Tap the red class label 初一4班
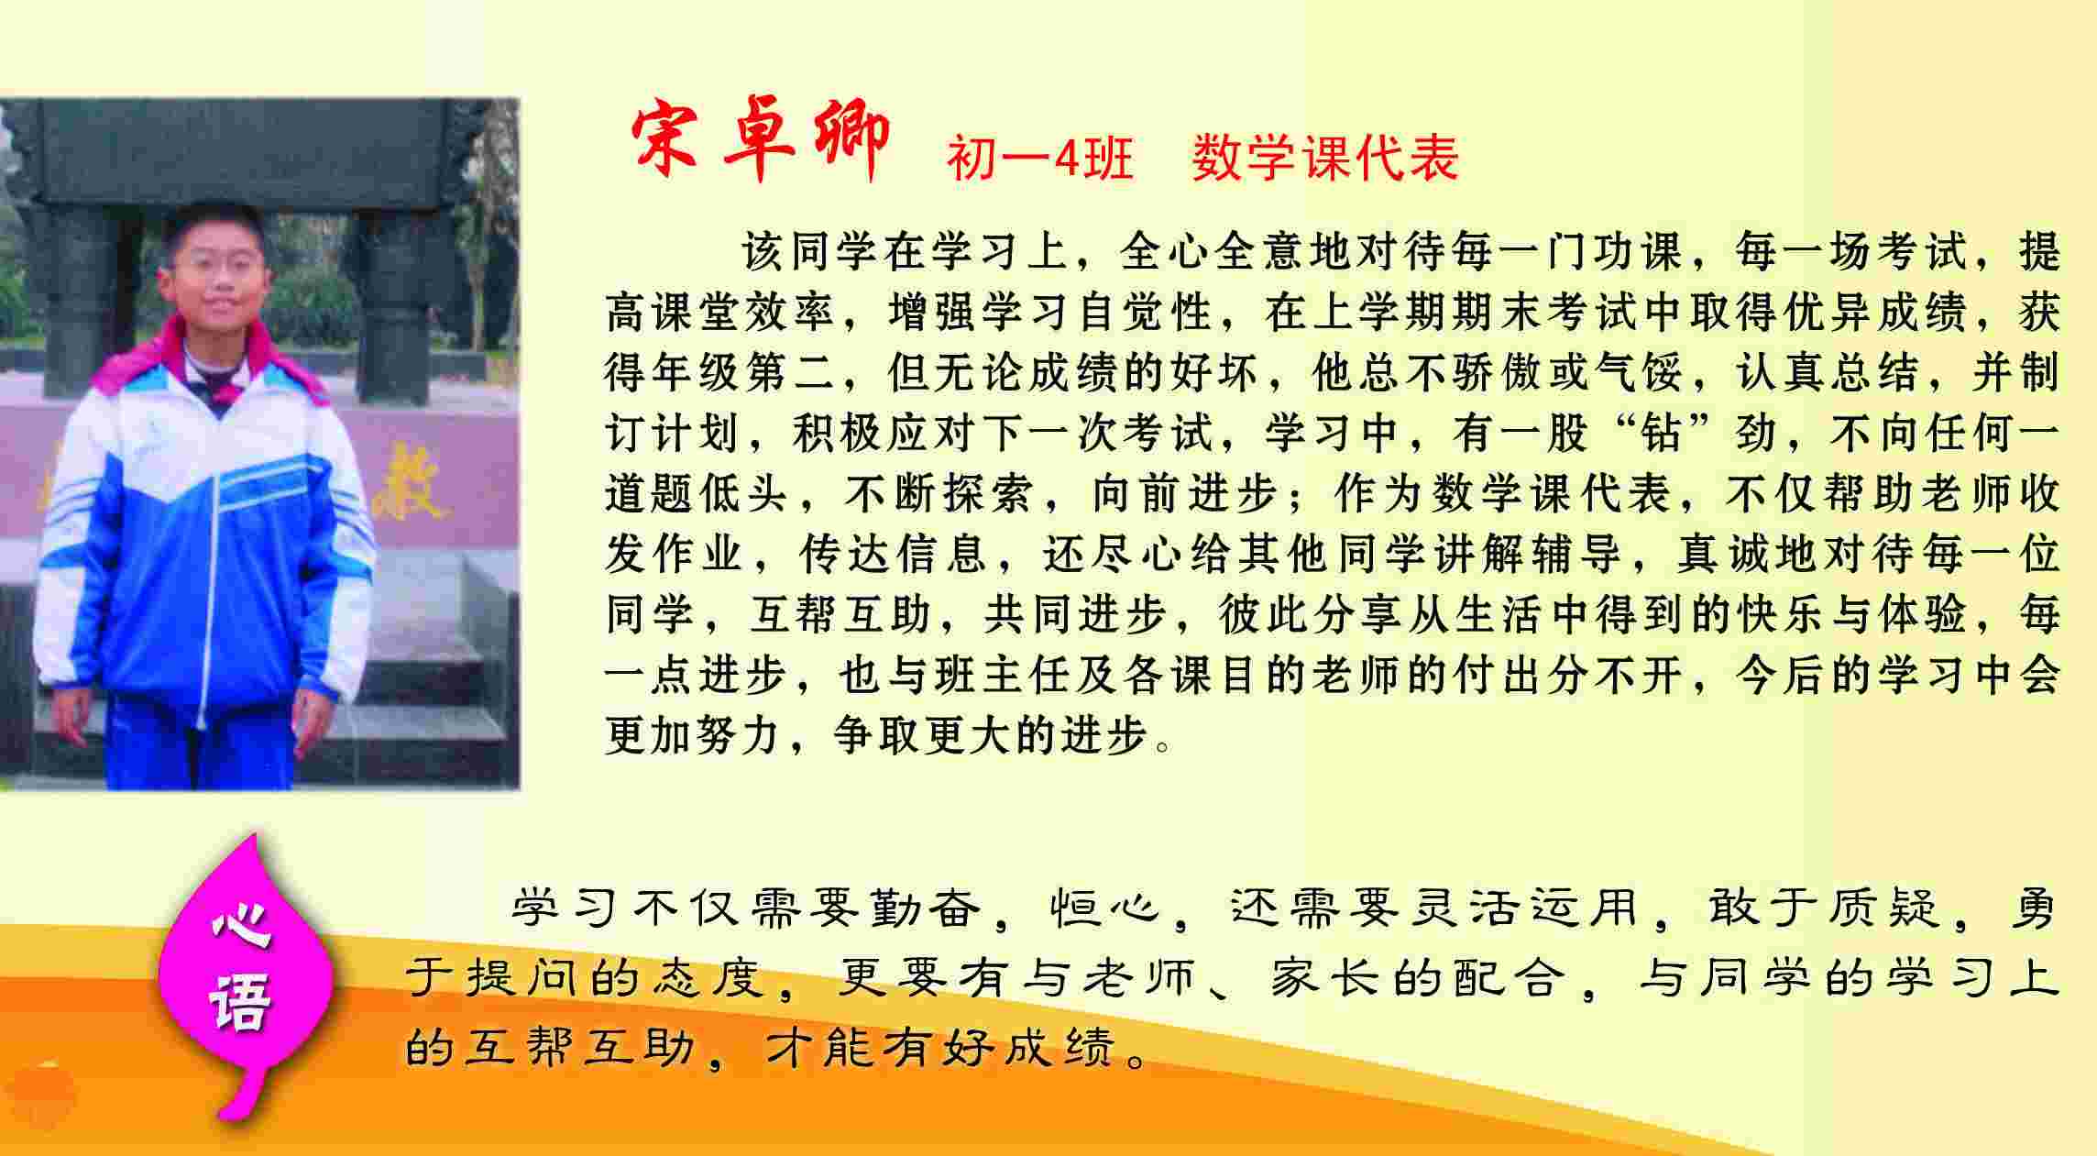[x=1040, y=158]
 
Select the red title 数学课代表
[x=1324, y=157]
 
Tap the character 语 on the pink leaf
[x=240, y=1001]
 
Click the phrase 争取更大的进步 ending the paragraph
[x=991, y=735]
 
